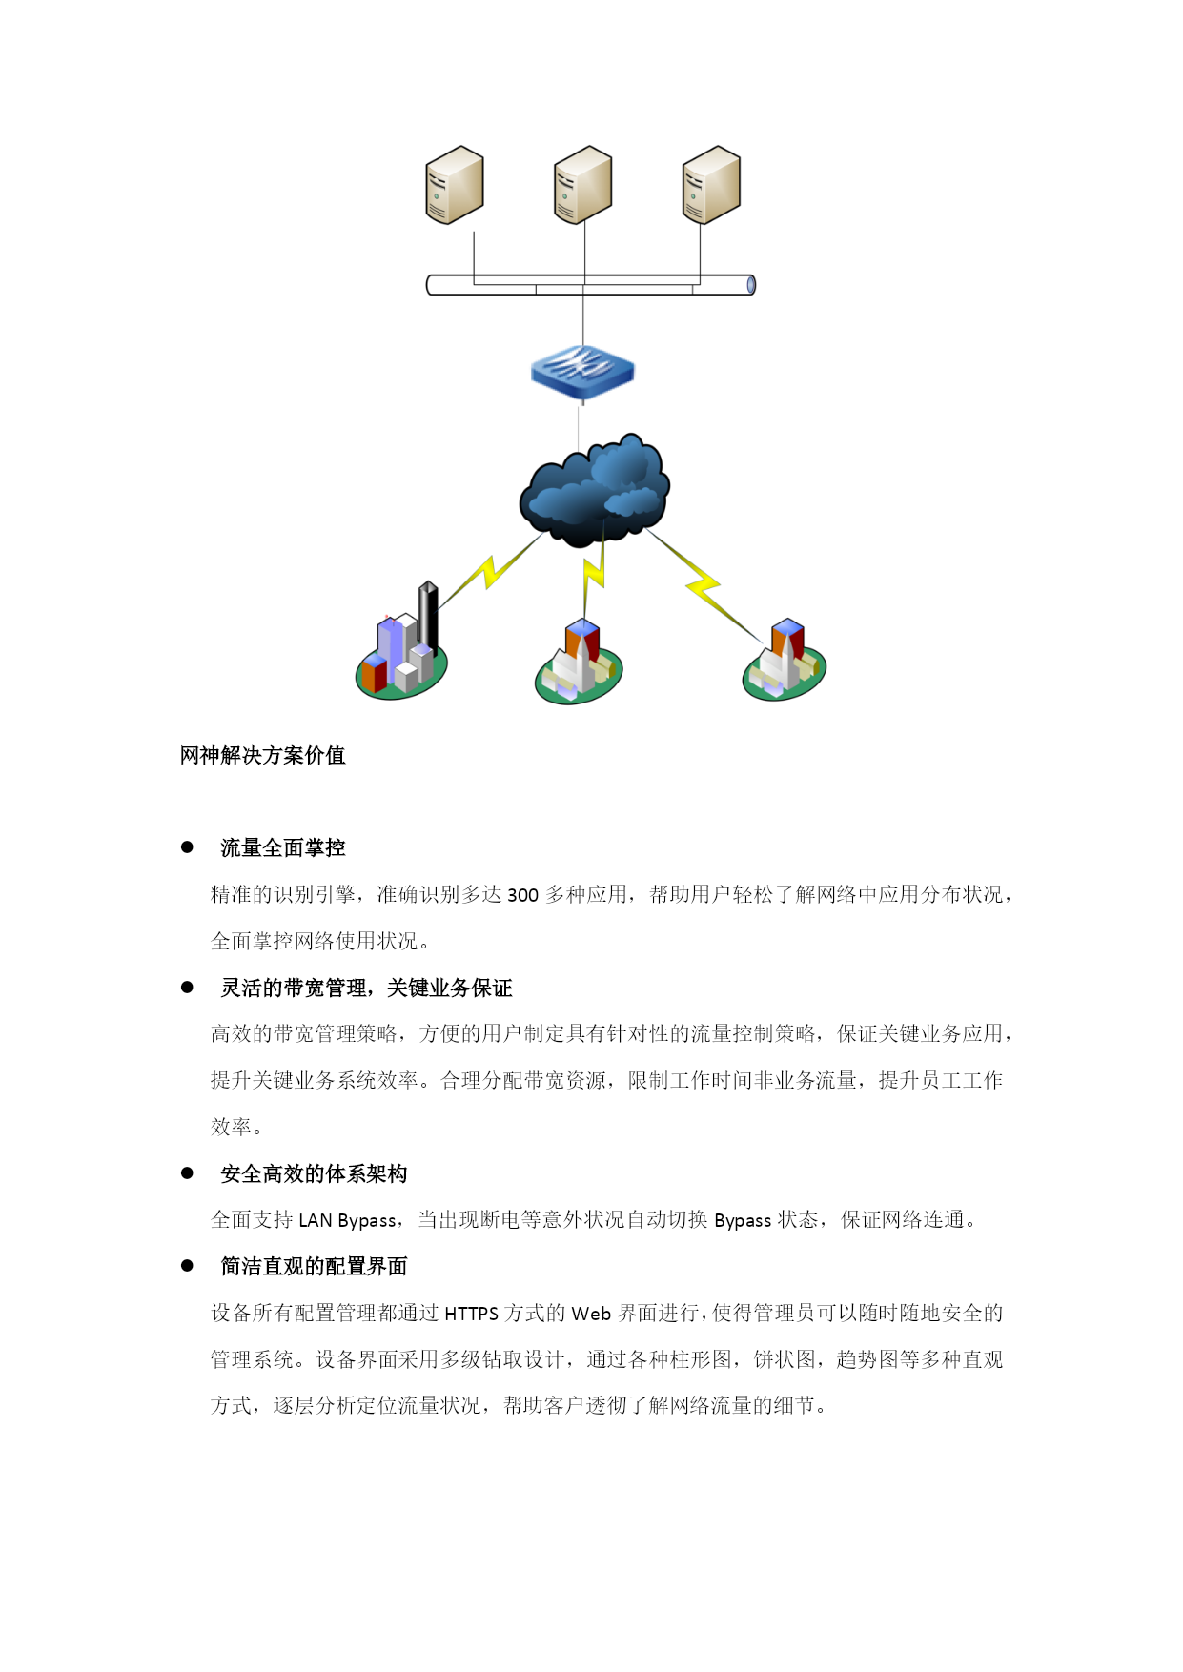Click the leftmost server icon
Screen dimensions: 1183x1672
coord(455,185)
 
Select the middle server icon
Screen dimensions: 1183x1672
coord(583,185)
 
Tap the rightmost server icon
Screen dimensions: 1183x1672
coord(712,185)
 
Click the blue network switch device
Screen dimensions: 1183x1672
coord(582,373)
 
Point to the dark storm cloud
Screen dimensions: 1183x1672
coord(594,490)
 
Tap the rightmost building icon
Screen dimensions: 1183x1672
coord(784,660)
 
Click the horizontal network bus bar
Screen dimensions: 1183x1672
coord(591,285)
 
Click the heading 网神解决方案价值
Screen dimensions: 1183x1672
coord(263,756)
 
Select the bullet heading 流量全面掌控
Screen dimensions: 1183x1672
coord(283,848)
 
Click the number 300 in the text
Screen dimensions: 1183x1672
coord(522,895)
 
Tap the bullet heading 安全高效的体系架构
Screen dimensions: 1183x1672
coord(314,1174)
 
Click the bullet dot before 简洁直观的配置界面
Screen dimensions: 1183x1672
coord(187,1266)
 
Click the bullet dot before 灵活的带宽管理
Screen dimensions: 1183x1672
coord(187,988)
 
